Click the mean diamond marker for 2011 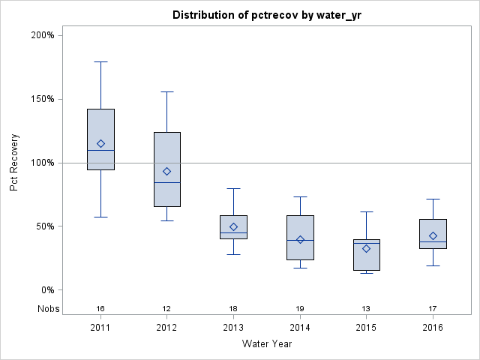click(100, 143)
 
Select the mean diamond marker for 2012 click(166, 171)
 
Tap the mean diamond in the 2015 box click(366, 248)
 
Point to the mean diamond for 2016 click(433, 235)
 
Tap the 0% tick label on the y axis click(46, 290)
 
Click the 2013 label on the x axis click(233, 328)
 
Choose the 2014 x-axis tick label click(300, 328)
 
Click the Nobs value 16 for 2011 click(100, 308)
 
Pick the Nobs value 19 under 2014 click(300, 308)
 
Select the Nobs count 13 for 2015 click(366, 308)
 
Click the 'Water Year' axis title click(266, 344)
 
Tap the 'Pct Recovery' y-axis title click(15, 163)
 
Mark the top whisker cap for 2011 click(100, 61)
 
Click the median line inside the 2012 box click(166, 182)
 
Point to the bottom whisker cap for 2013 click(233, 254)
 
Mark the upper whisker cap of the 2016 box click(433, 199)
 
